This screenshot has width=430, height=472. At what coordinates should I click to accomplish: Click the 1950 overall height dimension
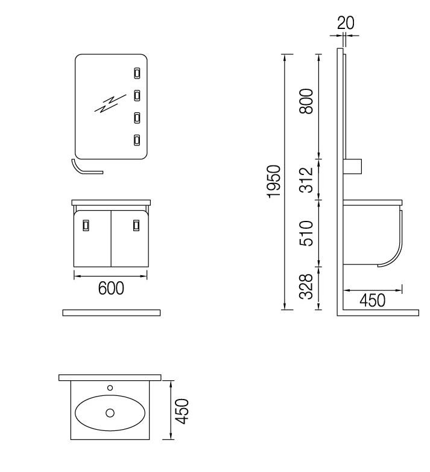[x=274, y=182]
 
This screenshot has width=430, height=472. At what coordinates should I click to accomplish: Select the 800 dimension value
[x=306, y=101]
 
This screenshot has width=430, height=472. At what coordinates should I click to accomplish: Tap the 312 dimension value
[x=306, y=180]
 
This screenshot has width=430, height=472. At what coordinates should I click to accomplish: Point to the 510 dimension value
[x=306, y=234]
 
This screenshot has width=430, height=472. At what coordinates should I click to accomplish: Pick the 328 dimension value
[x=306, y=286]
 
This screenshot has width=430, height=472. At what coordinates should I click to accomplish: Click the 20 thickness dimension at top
[x=346, y=23]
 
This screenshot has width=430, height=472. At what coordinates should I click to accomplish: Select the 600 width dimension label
[x=111, y=288]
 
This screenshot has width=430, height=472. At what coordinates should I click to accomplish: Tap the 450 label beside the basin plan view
[x=182, y=411]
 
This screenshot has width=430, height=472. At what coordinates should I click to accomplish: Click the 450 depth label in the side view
[x=372, y=301]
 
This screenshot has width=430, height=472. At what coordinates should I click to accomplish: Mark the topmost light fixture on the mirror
[x=137, y=73]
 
